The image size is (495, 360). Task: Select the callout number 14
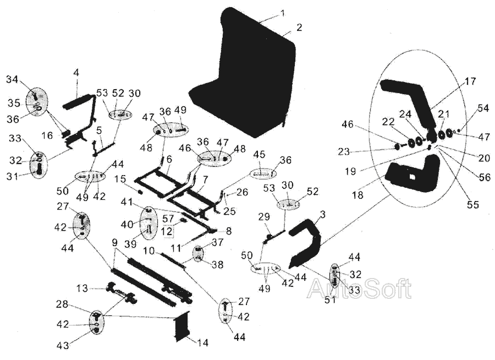pos(202,343)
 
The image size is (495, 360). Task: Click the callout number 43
pos(63,345)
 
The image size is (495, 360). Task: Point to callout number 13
pos(81,288)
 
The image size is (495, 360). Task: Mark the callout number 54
pos(483,108)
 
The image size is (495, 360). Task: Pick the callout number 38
pos(217,265)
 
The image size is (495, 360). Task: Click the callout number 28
pos(62,304)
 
